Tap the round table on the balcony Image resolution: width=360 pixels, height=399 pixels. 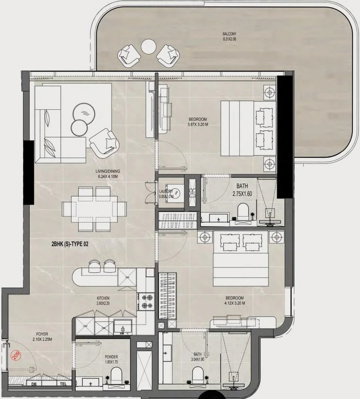tap(148, 47)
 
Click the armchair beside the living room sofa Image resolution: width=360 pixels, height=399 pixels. tap(105, 142)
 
